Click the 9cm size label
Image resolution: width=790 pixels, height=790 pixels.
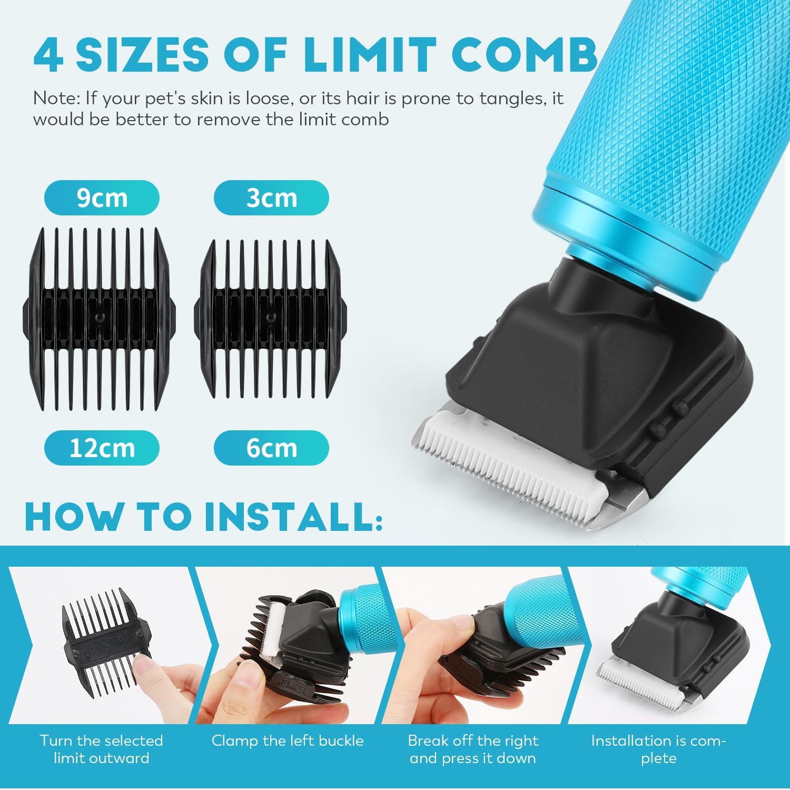[102, 198]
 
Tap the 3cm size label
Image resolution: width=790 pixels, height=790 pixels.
[271, 198]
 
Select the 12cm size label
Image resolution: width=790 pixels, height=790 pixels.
[102, 448]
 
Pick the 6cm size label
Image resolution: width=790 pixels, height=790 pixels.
[271, 448]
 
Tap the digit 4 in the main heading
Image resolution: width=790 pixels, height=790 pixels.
[48, 55]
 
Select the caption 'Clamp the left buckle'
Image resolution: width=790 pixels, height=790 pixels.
[288, 741]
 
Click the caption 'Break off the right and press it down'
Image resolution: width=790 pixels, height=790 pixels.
[473, 749]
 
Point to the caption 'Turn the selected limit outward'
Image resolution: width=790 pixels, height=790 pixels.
[101, 749]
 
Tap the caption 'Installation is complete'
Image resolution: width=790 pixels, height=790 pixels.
[658, 749]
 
